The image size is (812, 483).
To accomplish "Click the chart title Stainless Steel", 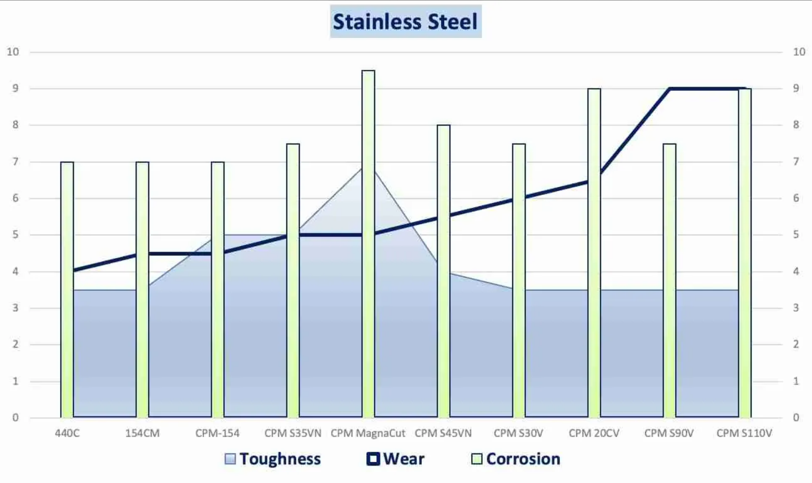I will [405, 21].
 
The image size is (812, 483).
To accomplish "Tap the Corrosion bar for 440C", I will [67, 290].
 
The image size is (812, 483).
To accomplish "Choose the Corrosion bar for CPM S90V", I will [669, 280].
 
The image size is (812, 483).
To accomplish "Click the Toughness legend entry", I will [273, 459].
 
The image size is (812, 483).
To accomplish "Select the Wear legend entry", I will [396, 459].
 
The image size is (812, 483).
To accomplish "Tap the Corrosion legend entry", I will [516, 459].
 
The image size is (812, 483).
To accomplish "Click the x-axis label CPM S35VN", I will [293, 433].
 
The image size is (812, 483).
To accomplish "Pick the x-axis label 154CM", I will [142, 433].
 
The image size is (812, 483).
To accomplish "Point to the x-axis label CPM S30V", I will [518, 433].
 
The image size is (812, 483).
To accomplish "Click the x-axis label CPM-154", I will [217, 433].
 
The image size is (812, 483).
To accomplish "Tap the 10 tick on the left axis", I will [13, 52].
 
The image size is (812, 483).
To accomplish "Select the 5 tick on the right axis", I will [796, 235].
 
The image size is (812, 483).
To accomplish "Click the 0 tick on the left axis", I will [15, 417].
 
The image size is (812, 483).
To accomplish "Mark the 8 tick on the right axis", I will [796, 125].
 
